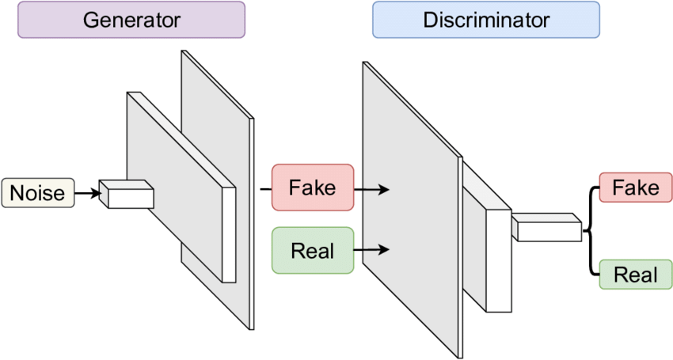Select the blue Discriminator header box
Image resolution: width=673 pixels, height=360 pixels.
pyautogui.click(x=486, y=20)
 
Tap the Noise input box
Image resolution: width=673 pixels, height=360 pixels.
pyautogui.click(x=38, y=193)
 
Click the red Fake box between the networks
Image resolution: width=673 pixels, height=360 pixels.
pyautogui.click(x=313, y=188)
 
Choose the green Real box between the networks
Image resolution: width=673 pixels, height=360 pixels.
pyautogui.click(x=313, y=251)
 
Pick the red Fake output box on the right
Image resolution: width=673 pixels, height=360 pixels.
pyautogui.click(x=636, y=188)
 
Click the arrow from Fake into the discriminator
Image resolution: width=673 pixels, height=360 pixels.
pyautogui.click(x=372, y=189)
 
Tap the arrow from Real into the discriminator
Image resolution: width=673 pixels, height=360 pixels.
pyautogui.click(x=372, y=251)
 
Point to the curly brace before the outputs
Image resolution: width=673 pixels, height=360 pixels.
pyautogui.click(x=589, y=230)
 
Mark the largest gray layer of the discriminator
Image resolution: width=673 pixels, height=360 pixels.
pyautogui.click(x=408, y=206)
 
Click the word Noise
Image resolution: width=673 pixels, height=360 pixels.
pyautogui.click(x=38, y=193)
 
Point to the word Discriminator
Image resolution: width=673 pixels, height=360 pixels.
pyautogui.click(x=486, y=20)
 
